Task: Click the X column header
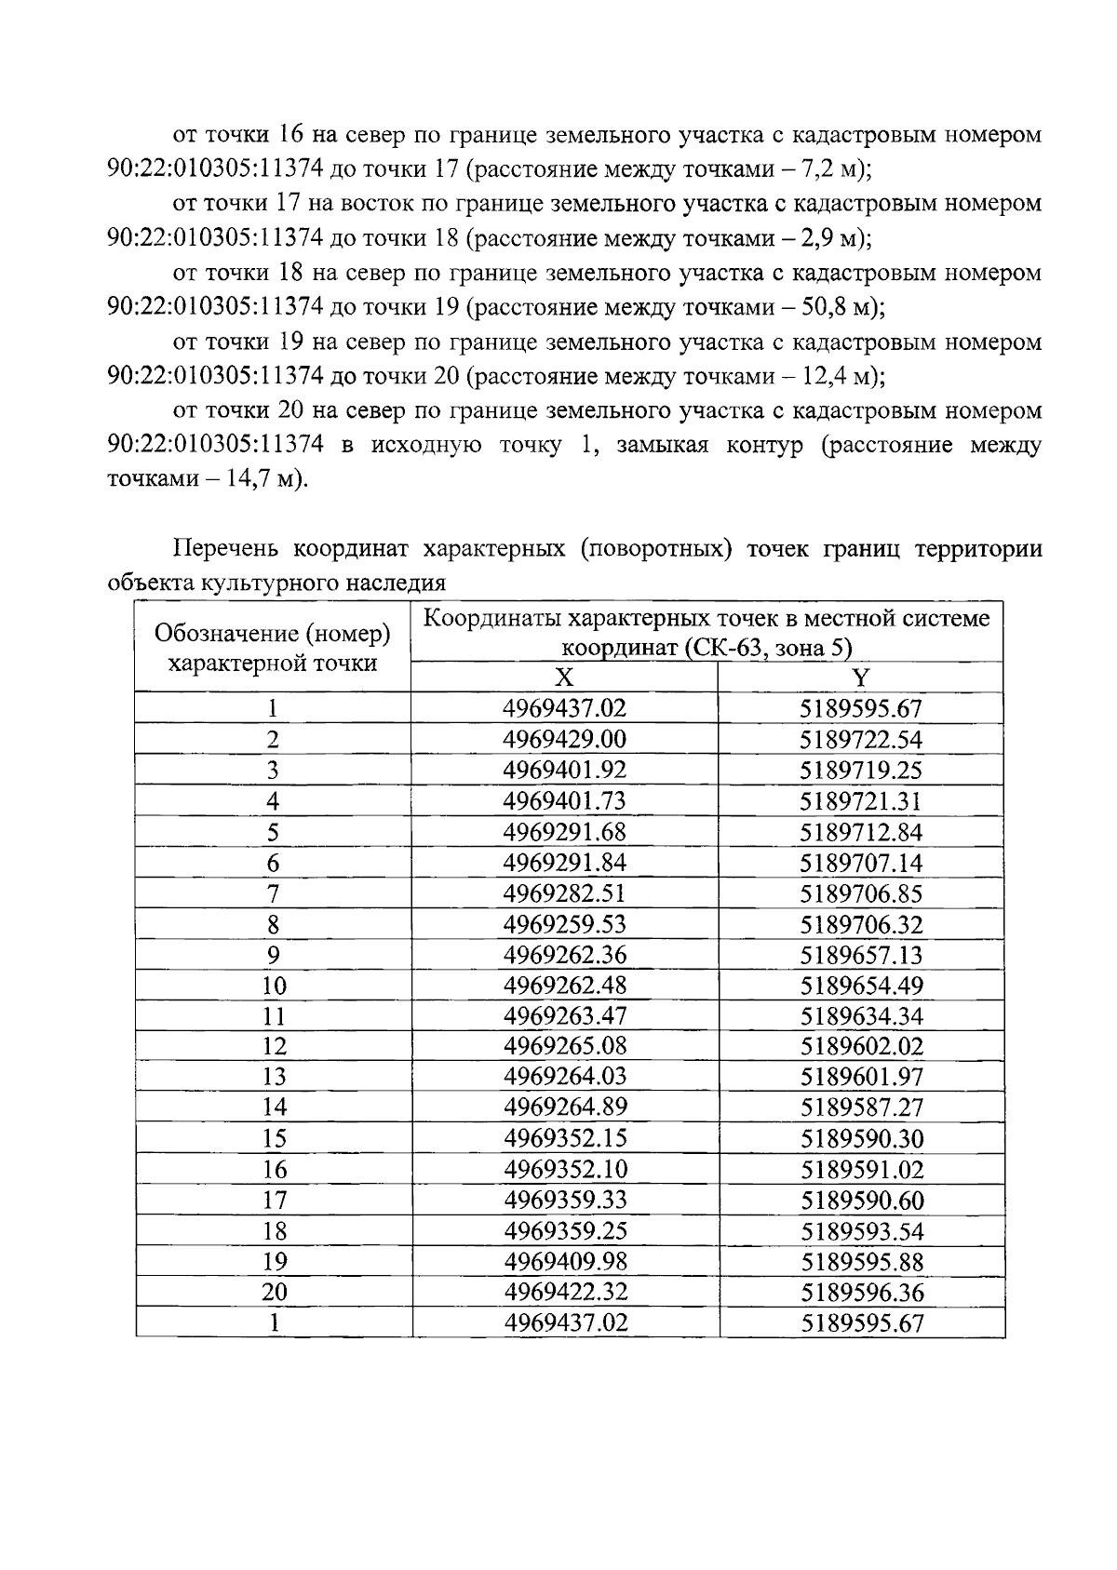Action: tap(564, 678)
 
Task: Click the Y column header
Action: tap(860, 678)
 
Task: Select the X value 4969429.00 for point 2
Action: tap(564, 740)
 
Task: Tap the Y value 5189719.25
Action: tap(861, 771)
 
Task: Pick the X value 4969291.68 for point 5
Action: tap(564, 832)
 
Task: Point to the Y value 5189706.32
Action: tap(861, 924)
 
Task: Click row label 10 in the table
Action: tap(273, 986)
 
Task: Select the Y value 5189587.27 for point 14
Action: tap(861, 1107)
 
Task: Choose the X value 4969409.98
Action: tap(565, 1262)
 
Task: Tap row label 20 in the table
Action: tap(273, 1292)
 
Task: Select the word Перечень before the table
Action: tap(226, 548)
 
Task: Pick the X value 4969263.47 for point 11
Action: tap(565, 1015)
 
